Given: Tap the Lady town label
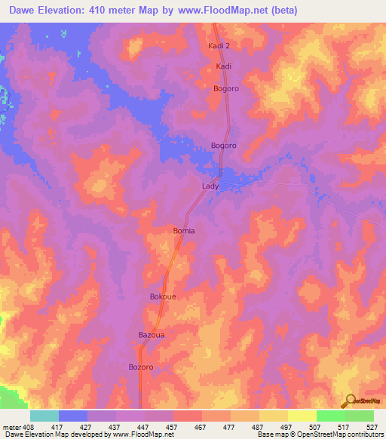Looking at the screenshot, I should [x=210, y=186].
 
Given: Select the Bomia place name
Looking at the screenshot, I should [x=184, y=231].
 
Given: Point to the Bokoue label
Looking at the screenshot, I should [x=163, y=296].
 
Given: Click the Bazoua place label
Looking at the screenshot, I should [x=151, y=333].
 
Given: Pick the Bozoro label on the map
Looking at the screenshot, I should [x=141, y=367].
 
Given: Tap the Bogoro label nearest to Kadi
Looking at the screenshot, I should [x=226, y=88].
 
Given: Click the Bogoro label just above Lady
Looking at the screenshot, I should [x=224, y=145].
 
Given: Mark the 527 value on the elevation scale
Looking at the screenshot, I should [x=372, y=426].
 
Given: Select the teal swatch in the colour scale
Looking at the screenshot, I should [x=44, y=416].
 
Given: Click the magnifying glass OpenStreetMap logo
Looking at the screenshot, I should [x=349, y=402].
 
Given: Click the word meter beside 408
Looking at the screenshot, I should [x=13, y=426].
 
